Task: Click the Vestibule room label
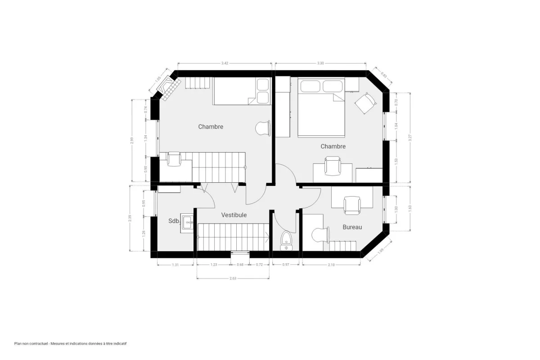click(x=234, y=215)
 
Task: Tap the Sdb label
click(x=174, y=221)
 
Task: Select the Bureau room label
click(x=352, y=227)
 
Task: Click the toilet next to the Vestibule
click(x=286, y=241)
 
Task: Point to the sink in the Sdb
click(x=187, y=222)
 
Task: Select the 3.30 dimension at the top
click(x=320, y=63)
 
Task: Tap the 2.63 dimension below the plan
click(x=233, y=279)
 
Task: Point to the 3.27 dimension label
click(x=409, y=138)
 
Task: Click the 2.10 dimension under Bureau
click(x=331, y=265)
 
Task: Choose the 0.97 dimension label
click(x=286, y=265)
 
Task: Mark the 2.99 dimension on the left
click(x=131, y=140)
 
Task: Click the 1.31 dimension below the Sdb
click(x=176, y=265)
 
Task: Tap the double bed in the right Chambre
click(x=321, y=108)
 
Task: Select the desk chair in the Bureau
click(x=352, y=205)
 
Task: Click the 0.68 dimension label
click(x=240, y=265)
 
